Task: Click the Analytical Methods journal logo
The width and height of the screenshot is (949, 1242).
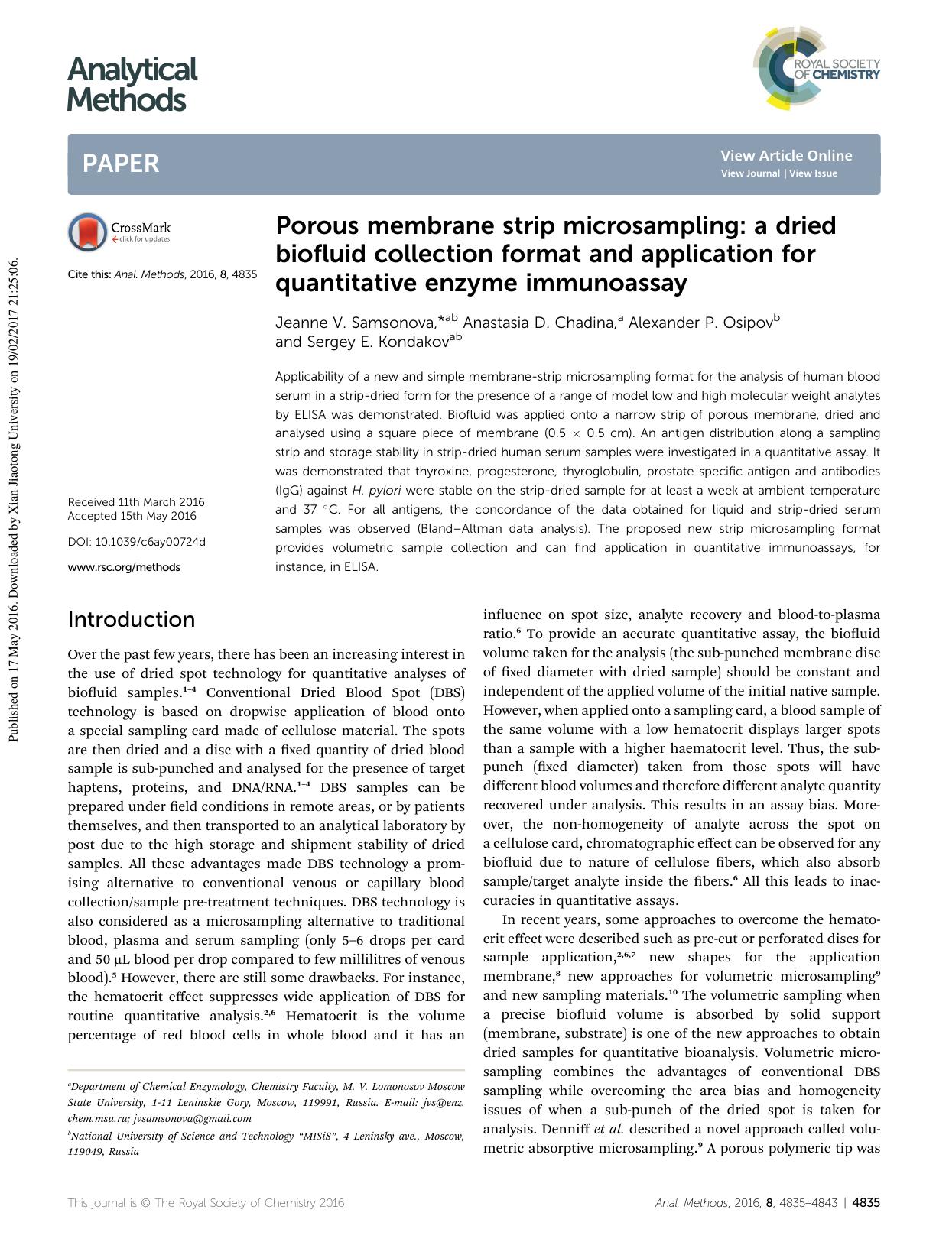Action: coord(132,84)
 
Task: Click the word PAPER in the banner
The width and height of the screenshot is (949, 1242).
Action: coord(121,164)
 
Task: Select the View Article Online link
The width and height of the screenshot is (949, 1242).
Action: coord(785,155)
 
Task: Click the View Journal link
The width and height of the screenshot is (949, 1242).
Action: coord(750,173)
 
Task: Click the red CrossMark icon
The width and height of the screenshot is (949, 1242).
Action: coord(86,232)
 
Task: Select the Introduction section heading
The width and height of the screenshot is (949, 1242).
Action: coord(131,619)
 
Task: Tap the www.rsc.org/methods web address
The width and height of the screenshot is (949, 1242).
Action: coord(124,567)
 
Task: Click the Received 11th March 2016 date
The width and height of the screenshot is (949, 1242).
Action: coord(136,502)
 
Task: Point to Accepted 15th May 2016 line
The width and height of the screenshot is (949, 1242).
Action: coord(132,516)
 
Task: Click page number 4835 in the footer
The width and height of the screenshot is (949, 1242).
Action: coord(866,1202)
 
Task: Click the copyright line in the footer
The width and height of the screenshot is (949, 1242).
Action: coord(206,1202)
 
